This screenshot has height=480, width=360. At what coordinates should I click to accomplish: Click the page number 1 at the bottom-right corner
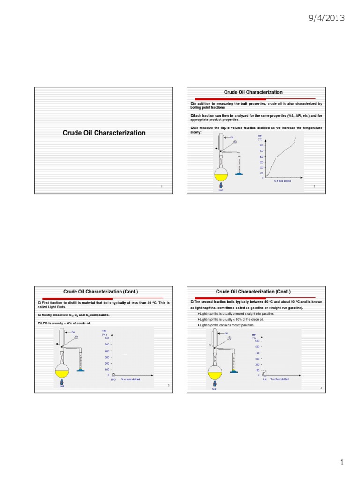tap(342, 463)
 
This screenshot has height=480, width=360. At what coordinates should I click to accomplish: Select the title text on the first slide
tap(104, 133)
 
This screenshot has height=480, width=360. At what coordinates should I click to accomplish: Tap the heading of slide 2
tap(253, 92)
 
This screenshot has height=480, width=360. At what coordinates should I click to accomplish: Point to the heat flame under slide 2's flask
tap(221, 186)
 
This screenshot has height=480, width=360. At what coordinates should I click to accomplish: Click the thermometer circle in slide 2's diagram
tap(235, 142)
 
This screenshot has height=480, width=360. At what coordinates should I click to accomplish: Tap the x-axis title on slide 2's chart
tap(282, 180)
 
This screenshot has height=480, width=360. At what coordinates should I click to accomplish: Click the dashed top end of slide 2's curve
tap(296, 139)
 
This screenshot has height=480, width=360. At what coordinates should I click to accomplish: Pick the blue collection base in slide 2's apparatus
tap(239, 174)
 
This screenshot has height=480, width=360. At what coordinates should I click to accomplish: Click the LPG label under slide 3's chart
tap(113, 379)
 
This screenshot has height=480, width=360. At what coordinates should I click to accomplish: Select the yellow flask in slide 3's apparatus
tap(62, 373)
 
